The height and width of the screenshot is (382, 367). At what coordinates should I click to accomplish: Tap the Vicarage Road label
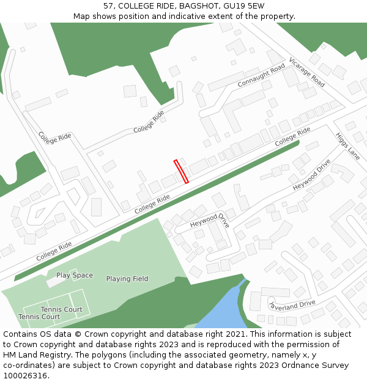click(x=306, y=72)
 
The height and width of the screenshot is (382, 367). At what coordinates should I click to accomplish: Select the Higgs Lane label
click(x=347, y=147)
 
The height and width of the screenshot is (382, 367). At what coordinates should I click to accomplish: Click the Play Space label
click(x=75, y=275)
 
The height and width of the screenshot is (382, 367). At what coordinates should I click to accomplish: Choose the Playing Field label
click(x=127, y=279)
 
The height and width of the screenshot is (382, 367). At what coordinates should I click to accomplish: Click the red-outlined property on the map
click(x=181, y=171)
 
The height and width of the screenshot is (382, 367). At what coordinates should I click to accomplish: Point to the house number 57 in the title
click(x=108, y=6)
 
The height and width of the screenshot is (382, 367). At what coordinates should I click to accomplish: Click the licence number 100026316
click(x=25, y=375)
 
